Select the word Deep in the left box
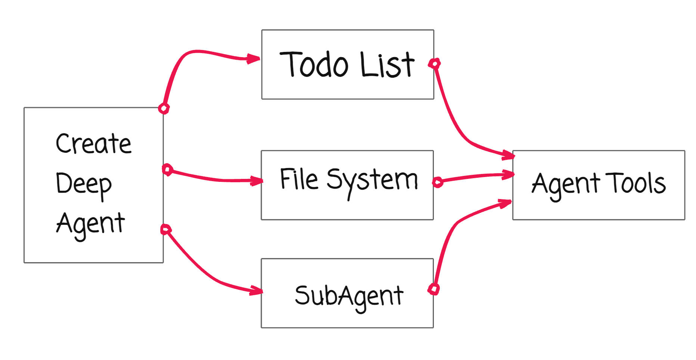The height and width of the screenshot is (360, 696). pos(84,184)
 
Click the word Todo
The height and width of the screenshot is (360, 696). pos(314,64)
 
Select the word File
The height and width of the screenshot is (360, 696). pos(299,179)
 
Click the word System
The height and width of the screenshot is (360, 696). pos(372,181)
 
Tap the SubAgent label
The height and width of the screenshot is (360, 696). pos(349,296)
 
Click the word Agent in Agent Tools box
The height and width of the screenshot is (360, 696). pos(565,184)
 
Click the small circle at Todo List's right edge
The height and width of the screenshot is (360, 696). pos(434,63)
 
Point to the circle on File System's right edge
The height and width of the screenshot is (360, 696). pos(438,182)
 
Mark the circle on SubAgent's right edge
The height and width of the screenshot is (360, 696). pos(434,289)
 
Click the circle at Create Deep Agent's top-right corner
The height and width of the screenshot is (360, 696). pos(164,108)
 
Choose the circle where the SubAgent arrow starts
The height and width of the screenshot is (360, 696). pos(166,229)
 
